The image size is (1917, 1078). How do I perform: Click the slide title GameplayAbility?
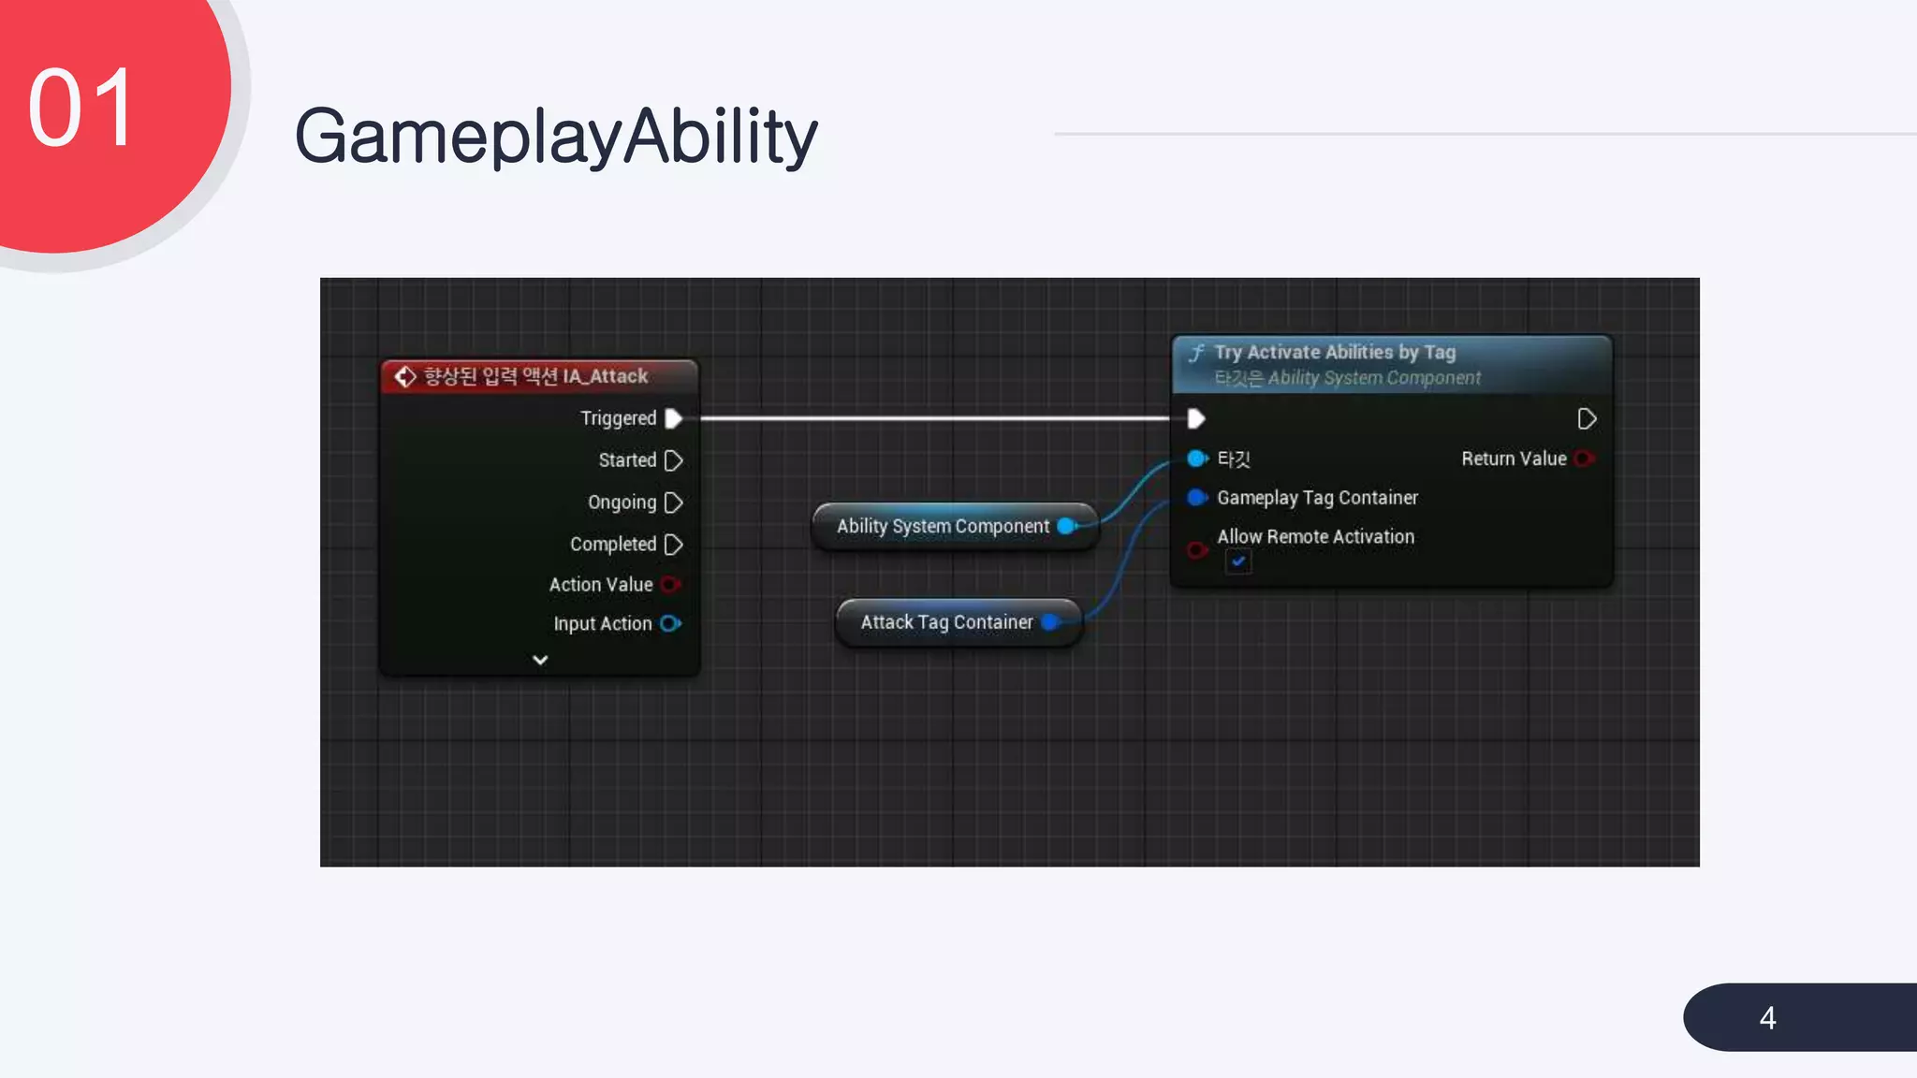[x=556, y=137]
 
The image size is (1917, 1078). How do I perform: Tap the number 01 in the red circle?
[x=82, y=109]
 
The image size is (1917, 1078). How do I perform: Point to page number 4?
[x=1767, y=1018]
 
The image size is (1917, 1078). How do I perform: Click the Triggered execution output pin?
[x=673, y=418]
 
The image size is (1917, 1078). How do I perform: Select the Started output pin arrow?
[x=673, y=460]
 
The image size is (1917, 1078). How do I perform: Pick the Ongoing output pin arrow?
[x=673, y=503]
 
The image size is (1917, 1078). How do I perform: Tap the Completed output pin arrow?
[x=673, y=545]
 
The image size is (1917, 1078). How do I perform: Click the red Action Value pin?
[x=670, y=585]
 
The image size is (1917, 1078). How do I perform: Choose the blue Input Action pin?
[x=670, y=623]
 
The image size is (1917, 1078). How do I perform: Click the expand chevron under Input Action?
[x=540, y=660]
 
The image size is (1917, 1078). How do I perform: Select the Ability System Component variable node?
[x=943, y=527]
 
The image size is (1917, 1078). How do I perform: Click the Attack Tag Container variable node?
[x=946, y=622]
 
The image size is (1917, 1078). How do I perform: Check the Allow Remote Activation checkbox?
[x=1238, y=561]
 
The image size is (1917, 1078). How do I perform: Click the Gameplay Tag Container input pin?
[x=1197, y=498]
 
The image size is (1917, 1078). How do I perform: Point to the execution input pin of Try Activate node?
[x=1196, y=418]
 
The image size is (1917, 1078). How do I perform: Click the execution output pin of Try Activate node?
[x=1587, y=418]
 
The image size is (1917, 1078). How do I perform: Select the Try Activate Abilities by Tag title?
[x=1335, y=353]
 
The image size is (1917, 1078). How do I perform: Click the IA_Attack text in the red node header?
[x=605, y=376]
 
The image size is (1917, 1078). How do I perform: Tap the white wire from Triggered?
[x=936, y=418]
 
